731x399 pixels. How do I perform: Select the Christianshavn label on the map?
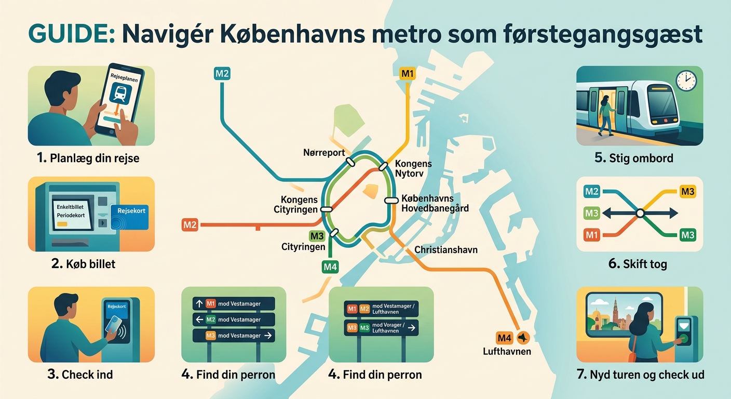[445, 250]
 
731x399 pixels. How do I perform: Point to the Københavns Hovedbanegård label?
[435, 204]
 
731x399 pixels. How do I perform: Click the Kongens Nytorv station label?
[413, 168]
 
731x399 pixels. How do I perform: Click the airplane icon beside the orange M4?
[522, 338]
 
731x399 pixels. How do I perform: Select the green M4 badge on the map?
[330, 268]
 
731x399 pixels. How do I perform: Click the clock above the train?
[686, 80]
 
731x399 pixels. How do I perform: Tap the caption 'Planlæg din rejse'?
[88, 158]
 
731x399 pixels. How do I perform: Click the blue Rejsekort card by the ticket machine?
[129, 216]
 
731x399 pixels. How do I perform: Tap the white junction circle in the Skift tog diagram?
[640, 213]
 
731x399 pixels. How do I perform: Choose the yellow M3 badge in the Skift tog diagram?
[687, 192]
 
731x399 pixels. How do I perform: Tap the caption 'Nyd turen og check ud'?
[640, 375]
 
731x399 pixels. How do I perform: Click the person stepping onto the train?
[605, 114]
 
